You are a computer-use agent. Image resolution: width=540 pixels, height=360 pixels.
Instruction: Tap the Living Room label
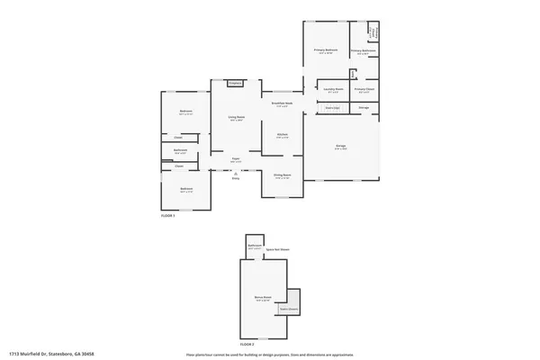pyautogui.click(x=236, y=117)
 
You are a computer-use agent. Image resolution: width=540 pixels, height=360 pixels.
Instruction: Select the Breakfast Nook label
pyautogui.click(x=283, y=103)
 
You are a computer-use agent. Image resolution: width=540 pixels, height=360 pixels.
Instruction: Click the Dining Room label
pyautogui.click(x=283, y=175)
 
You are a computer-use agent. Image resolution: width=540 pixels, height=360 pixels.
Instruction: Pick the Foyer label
pyautogui.click(x=236, y=159)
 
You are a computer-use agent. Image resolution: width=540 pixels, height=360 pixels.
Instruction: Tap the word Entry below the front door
pyautogui.click(x=236, y=178)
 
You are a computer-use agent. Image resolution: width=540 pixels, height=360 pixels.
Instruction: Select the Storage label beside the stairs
pyautogui.click(x=364, y=108)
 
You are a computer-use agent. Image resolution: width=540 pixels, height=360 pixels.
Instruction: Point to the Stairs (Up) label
pyautogui.click(x=332, y=108)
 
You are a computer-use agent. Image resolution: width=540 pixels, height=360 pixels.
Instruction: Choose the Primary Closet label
pyautogui.click(x=364, y=89)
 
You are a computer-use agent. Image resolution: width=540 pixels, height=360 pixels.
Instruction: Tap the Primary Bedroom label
pyautogui.click(x=326, y=50)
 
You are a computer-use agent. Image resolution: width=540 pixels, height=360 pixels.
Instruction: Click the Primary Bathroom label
pyautogui.click(x=362, y=51)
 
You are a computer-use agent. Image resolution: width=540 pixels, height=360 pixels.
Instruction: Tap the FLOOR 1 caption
pyautogui.click(x=168, y=216)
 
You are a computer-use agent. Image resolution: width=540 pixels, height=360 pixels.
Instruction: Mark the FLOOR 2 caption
pyautogui.click(x=247, y=344)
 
